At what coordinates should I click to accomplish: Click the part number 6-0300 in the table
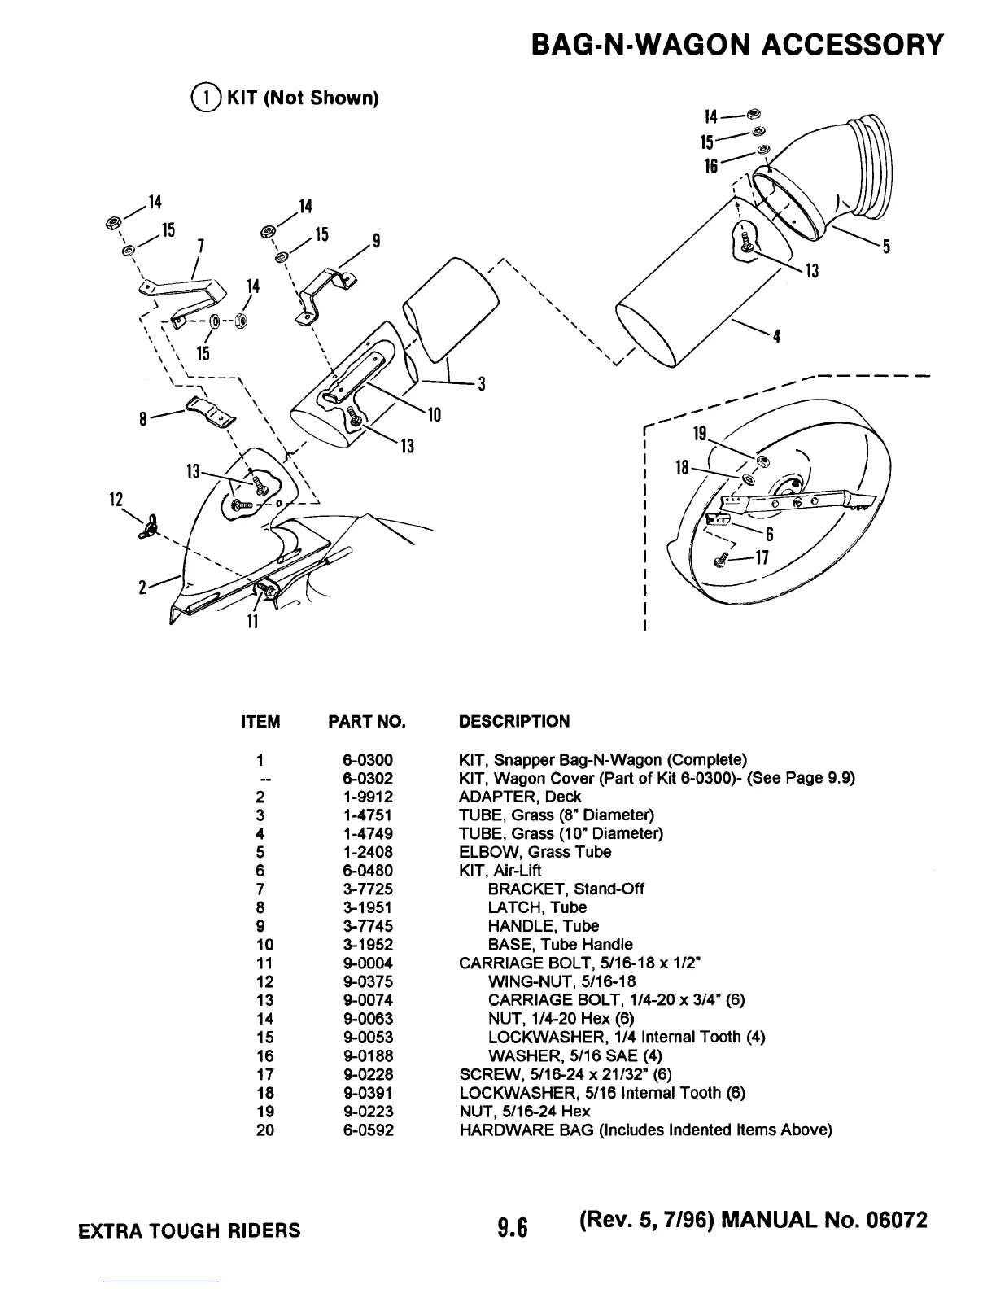(368, 760)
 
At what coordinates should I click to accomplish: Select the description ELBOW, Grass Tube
(535, 852)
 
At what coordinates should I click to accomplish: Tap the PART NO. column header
(366, 722)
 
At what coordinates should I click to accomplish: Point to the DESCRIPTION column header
(514, 722)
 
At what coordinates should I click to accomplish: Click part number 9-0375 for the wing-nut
(368, 981)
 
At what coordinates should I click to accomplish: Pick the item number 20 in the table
(265, 1130)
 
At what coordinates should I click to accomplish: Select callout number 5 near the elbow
(886, 247)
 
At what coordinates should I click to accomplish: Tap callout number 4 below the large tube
(777, 337)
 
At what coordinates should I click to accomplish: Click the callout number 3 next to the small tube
(481, 384)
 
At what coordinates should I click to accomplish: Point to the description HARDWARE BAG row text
(645, 1130)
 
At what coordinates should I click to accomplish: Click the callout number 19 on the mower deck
(698, 433)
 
